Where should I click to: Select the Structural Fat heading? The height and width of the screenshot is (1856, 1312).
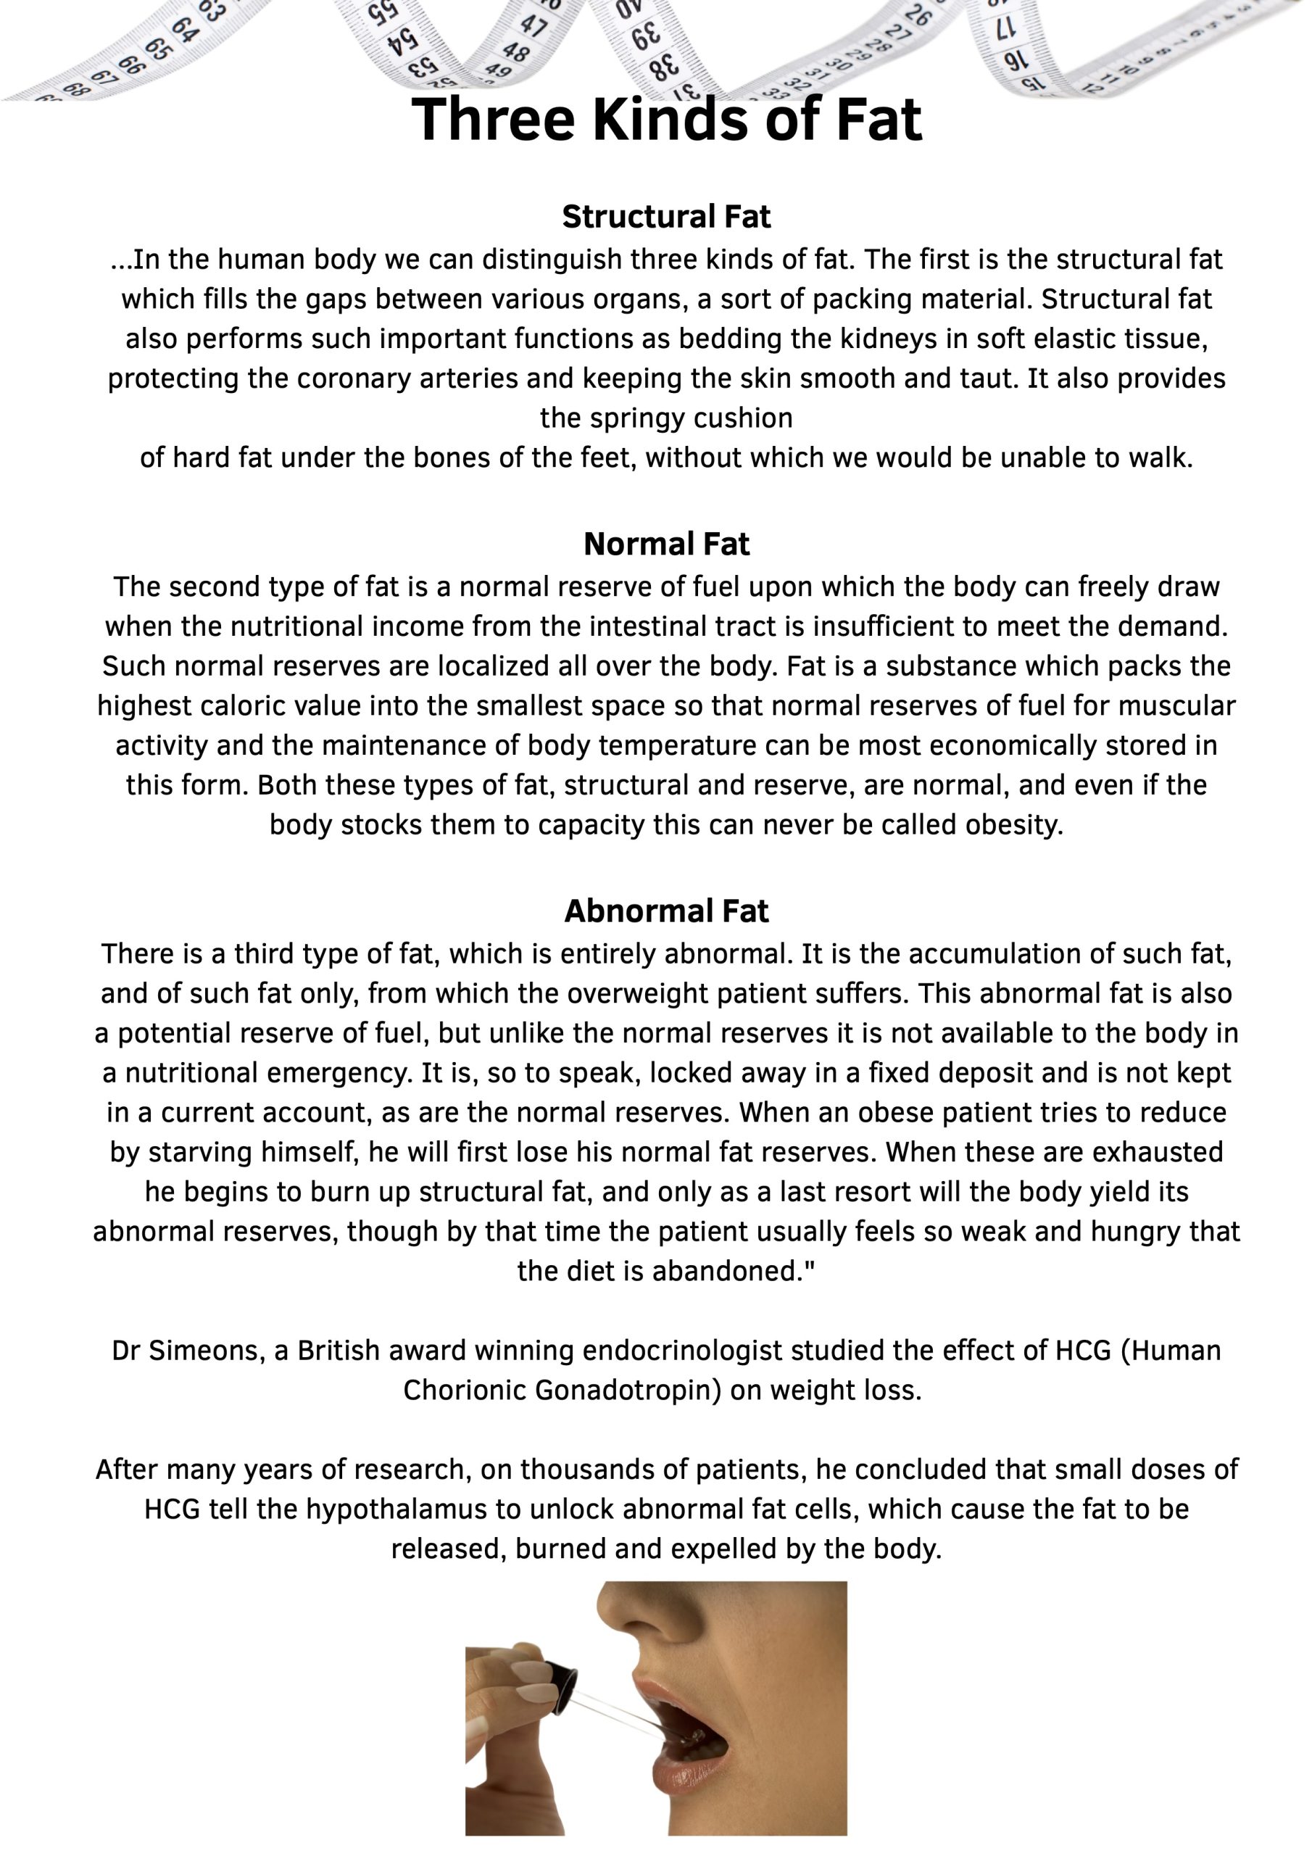point(666,217)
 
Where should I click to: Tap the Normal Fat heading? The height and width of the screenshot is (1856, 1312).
point(666,544)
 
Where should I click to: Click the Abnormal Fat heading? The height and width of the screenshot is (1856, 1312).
point(666,911)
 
